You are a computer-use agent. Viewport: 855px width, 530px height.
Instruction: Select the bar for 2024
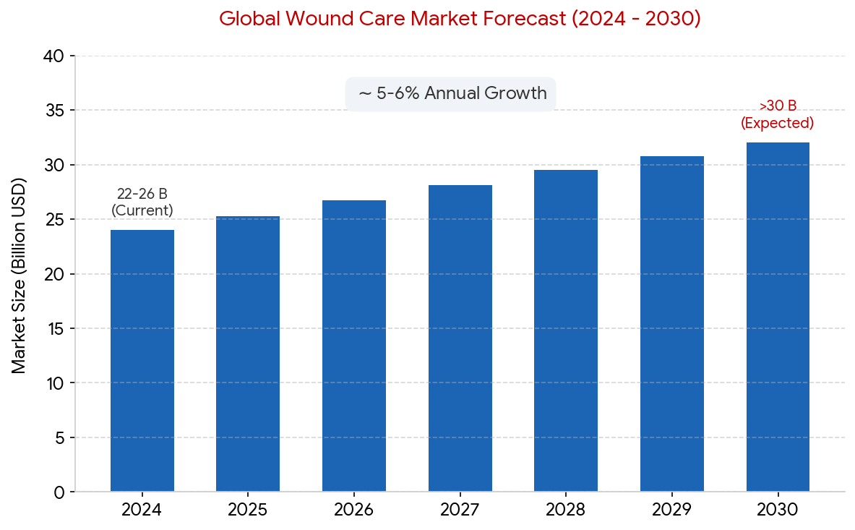pyautogui.click(x=142, y=360)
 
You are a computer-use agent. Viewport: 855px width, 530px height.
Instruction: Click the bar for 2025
pyautogui.click(x=248, y=354)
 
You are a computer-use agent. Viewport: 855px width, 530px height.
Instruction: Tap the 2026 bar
pyautogui.click(x=354, y=346)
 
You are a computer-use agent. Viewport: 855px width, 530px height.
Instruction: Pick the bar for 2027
pyautogui.click(x=460, y=338)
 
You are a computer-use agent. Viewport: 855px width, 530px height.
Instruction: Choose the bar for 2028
pyautogui.click(x=565, y=330)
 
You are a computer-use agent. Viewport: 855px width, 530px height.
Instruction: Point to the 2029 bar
pyautogui.click(x=672, y=324)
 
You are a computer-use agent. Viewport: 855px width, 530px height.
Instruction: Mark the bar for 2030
pyautogui.click(x=778, y=317)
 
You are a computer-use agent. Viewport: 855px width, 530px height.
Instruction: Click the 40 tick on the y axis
pyautogui.click(x=54, y=56)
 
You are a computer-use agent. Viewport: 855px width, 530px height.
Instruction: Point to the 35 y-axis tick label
pyautogui.click(x=54, y=111)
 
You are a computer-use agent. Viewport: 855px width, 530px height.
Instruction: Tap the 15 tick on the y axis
pyautogui.click(x=55, y=329)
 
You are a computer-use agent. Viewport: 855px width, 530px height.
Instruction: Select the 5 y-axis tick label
pyautogui.click(x=60, y=438)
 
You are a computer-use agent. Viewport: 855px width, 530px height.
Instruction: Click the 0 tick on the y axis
pyautogui.click(x=60, y=492)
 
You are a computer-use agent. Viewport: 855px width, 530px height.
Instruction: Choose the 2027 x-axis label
pyautogui.click(x=460, y=509)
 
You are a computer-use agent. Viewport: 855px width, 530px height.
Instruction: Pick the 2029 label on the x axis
pyautogui.click(x=672, y=509)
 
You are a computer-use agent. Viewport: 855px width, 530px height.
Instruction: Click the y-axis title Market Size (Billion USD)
pyautogui.click(x=19, y=276)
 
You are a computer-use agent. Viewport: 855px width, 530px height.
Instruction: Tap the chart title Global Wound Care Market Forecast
pyautogui.click(x=460, y=19)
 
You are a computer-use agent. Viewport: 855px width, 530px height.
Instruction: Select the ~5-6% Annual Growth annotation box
pyautogui.click(x=450, y=94)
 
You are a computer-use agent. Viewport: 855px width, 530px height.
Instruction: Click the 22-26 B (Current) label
pyautogui.click(x=142, y=202)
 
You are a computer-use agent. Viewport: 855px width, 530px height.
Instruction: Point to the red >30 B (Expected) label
pyautogui.click(x=777, y=114)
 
